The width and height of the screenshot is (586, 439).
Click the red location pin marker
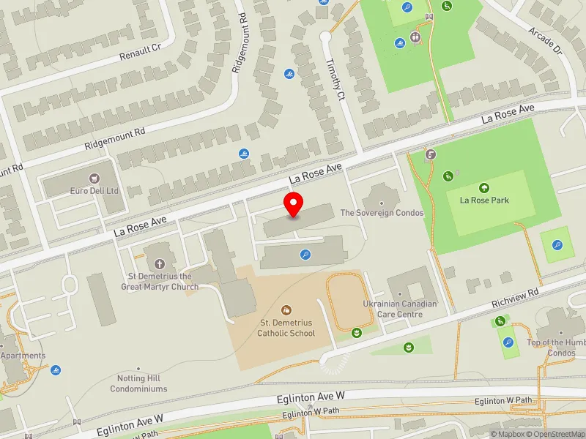294,206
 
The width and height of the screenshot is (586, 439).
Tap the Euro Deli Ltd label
94,190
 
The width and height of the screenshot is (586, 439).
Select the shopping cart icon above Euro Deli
94,178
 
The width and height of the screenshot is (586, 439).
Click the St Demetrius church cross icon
159,263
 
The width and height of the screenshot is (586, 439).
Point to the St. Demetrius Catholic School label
286,328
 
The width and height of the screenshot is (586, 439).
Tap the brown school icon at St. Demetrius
286,310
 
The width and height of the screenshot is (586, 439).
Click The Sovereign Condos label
382,213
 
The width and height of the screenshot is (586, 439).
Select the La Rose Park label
484,200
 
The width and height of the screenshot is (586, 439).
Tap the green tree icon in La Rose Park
484,188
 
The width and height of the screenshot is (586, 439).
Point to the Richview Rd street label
516,295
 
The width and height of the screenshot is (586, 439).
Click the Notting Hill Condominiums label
138,383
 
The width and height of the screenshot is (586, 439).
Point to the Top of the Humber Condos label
557,348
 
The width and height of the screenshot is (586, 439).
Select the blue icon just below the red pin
305,255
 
